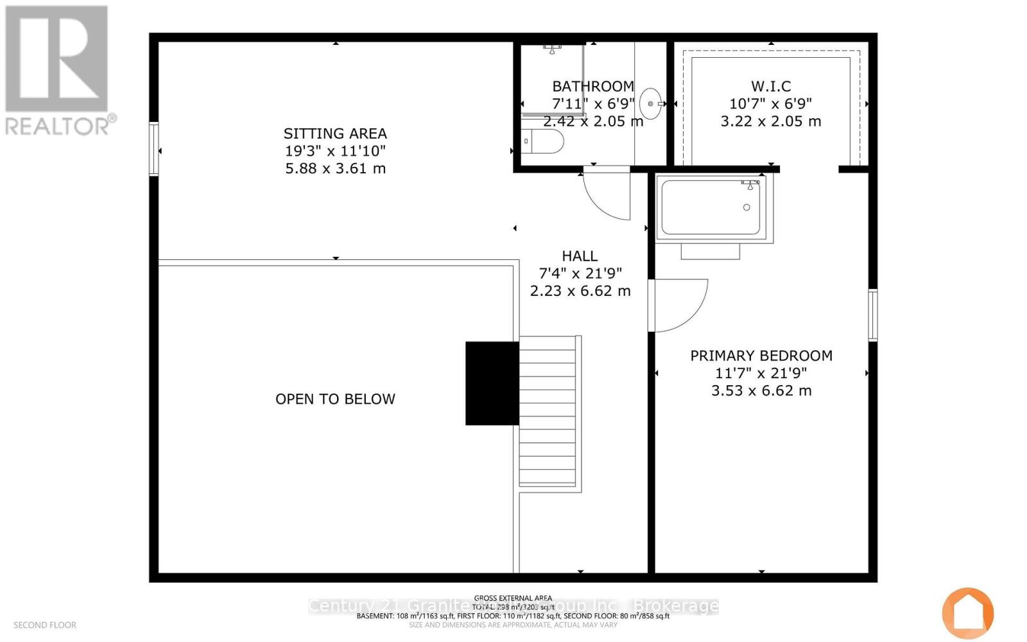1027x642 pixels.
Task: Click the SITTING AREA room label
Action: pyautogui.click(x=335, y=134)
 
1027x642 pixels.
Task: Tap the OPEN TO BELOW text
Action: pyautogui.click(x=335, y=399)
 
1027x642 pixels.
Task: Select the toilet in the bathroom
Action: pyautogui.click(x=544, y=141)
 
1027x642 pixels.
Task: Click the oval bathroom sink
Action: pyautogui.click(x=650, y=103)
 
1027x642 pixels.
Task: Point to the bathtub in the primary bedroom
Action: pyautogui.click(x=711, y=207)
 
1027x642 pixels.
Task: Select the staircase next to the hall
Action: pyautogui.click(x=549, y=414)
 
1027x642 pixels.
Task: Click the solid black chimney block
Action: pyautogui.click(x=492, y=383)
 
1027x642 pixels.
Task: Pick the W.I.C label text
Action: pyautogui.click(x=771, y=86)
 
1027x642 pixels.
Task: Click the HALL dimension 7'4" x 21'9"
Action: pyautogui.click(x=580, y=273)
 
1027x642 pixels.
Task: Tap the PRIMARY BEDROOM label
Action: pyautogui.click(x=761, y=356)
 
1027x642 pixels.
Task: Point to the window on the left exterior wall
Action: pyautogui.click(x=154, y=148)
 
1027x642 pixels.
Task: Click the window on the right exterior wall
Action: pyautogui.click(x=873, y=315)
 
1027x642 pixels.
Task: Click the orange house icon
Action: pyautogui.click(x=968, y=613)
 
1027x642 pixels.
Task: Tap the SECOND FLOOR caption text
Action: pyautogui.click(x=45, y=625)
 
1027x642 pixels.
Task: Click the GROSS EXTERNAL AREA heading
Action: pyautogui.click(x=513, y=598)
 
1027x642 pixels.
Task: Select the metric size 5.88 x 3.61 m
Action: pyautogui.click(x=335, y=168)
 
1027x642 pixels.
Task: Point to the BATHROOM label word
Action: pyautogui.click(x=593, y=86)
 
